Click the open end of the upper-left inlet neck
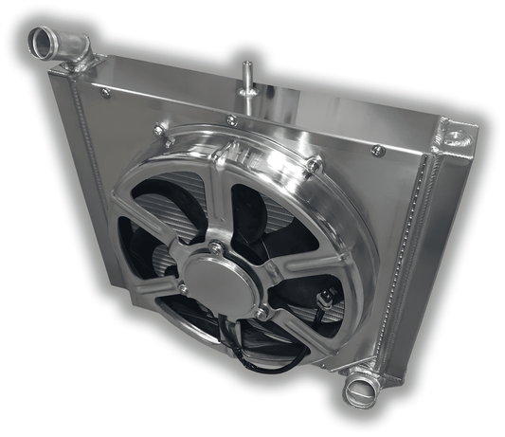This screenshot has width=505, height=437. [44, 41]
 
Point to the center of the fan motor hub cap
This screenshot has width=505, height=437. [220, 277]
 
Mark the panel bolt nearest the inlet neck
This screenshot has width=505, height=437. [105, 92]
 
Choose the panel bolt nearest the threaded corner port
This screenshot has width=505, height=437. [378, 150]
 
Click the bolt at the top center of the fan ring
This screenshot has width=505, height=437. [232, 120]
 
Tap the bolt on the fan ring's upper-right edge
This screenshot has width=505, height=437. [313, 165]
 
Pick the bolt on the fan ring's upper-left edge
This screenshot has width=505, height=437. [159, 129]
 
